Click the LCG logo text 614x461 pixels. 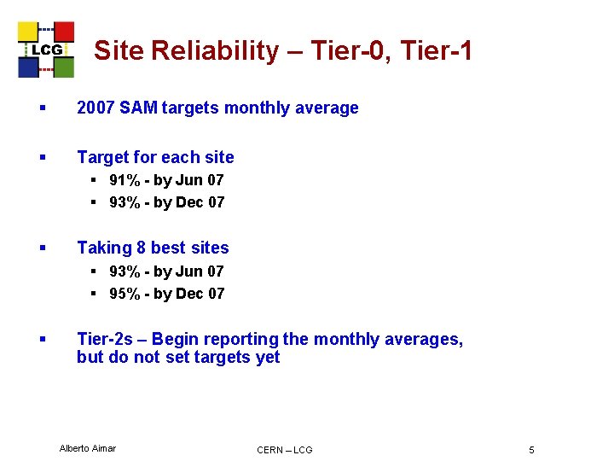pyautogui.click(x=47, y=50)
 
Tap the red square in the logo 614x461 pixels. pyautogui.click(x=64, y=32)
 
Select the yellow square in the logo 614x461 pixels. pyautogui.click(x=28, y=32)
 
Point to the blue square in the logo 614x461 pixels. pyautogui.click(x=28, y=67)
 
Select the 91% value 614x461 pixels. pyautogui.click(x=124, y=180)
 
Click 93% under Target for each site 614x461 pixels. pyautogui.click(x=124, y=202)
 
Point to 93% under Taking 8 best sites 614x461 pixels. pyautogui.click(x=124, y=271)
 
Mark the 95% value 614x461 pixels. pyautogui.click(x=124, y=294)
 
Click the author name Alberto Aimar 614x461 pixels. pyautogui.click(x=88, y=448)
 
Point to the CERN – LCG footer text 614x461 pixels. pyautogui.click(x=285, y=450)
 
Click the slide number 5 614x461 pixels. pyautogui.click(x=531, y=450)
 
